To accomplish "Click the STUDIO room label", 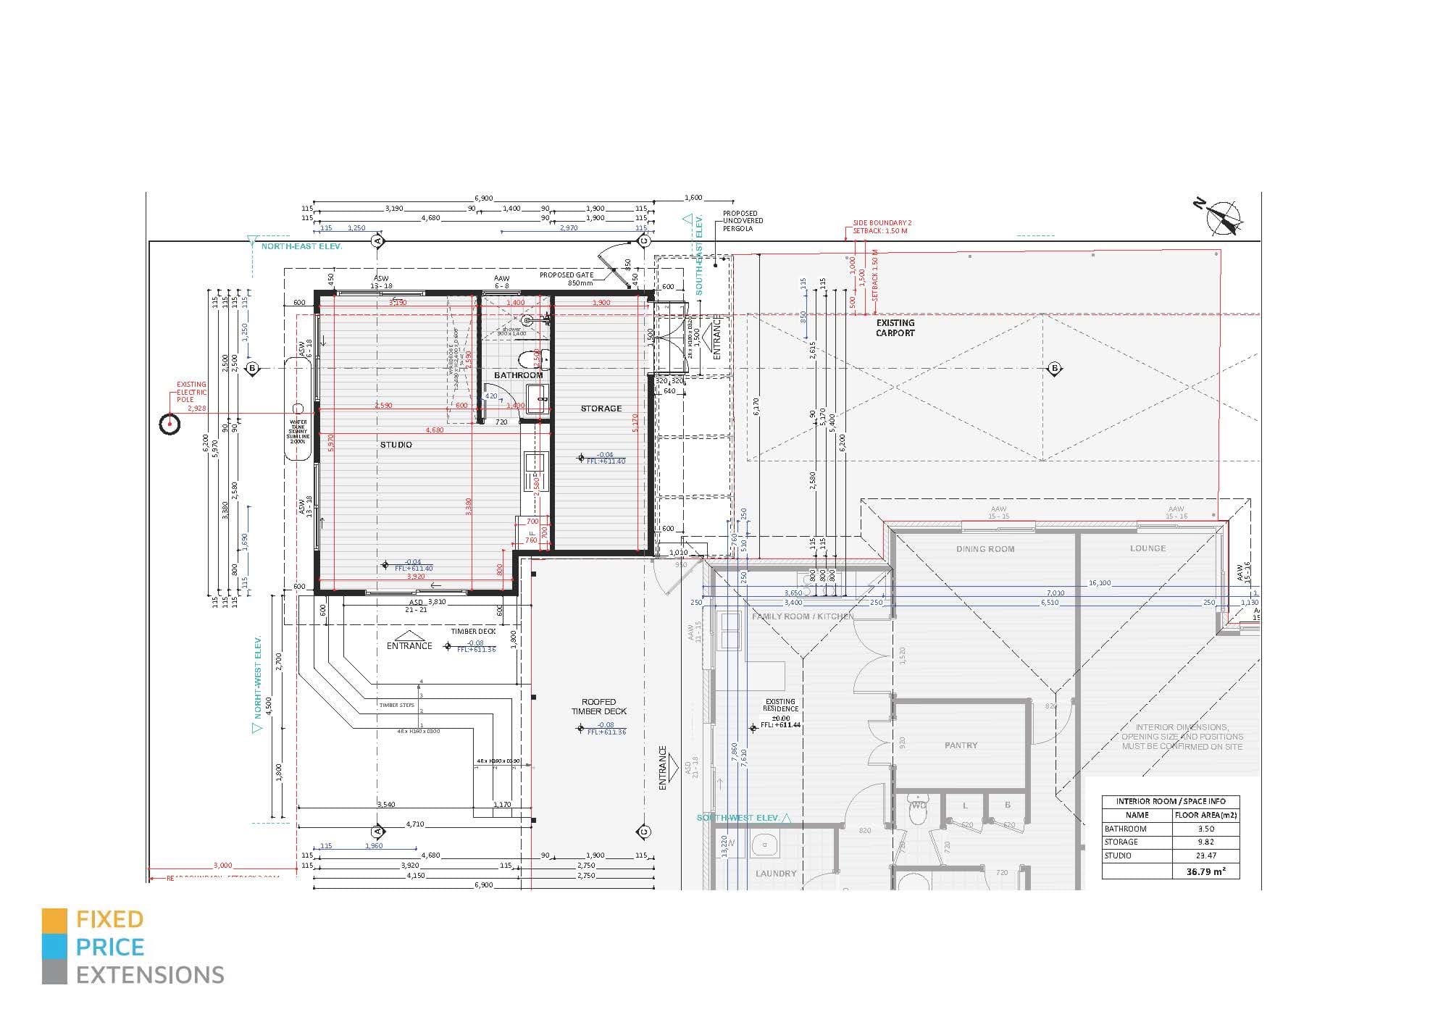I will click(x=396, y=445).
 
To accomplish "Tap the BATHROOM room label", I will click(x=518, y=375).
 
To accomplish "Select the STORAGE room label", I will click(x=601, y=409).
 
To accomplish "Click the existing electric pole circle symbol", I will click(x=169, y=424).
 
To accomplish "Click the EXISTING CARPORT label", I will click(x=895, y=328).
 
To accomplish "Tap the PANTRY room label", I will click(x=961, y=745).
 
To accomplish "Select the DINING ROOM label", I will click(x=985, y=549).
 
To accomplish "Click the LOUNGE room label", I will click(x=1148, y=548).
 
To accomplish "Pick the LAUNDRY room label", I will click(x=776, y=874).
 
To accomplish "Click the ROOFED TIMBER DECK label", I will click(x=598, y=707).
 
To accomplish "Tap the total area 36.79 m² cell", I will click(x=1205, y=872).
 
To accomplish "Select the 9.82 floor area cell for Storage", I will click(x=1205, y=842).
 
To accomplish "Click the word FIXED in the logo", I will click(x=110, y=920).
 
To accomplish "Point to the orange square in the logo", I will click(x=54, y=920).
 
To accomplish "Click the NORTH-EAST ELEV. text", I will click(x=301, y=246).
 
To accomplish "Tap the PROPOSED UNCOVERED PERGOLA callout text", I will click(x=743, y=221).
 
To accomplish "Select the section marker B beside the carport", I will click(x=1054, y=369).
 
